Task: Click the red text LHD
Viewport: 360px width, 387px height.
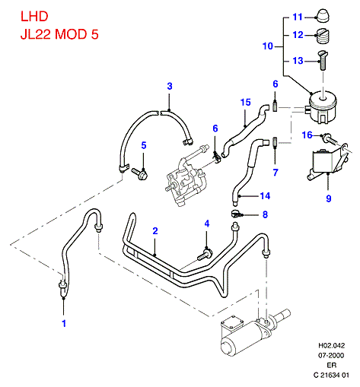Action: [34, 17]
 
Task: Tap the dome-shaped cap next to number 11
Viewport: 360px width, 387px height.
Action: [322, 16]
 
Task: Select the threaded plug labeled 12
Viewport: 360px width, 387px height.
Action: [323, 35]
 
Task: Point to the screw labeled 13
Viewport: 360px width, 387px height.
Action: [323, 60]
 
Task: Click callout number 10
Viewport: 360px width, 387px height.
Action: [268, 46]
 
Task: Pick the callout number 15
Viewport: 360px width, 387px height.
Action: [245, 103]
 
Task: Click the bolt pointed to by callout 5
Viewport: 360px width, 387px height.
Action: [139, 173]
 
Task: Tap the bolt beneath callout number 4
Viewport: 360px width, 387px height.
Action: [205, 255]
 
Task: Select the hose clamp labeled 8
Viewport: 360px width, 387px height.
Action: [237, 214]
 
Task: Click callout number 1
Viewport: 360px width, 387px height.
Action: [64, 323]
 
